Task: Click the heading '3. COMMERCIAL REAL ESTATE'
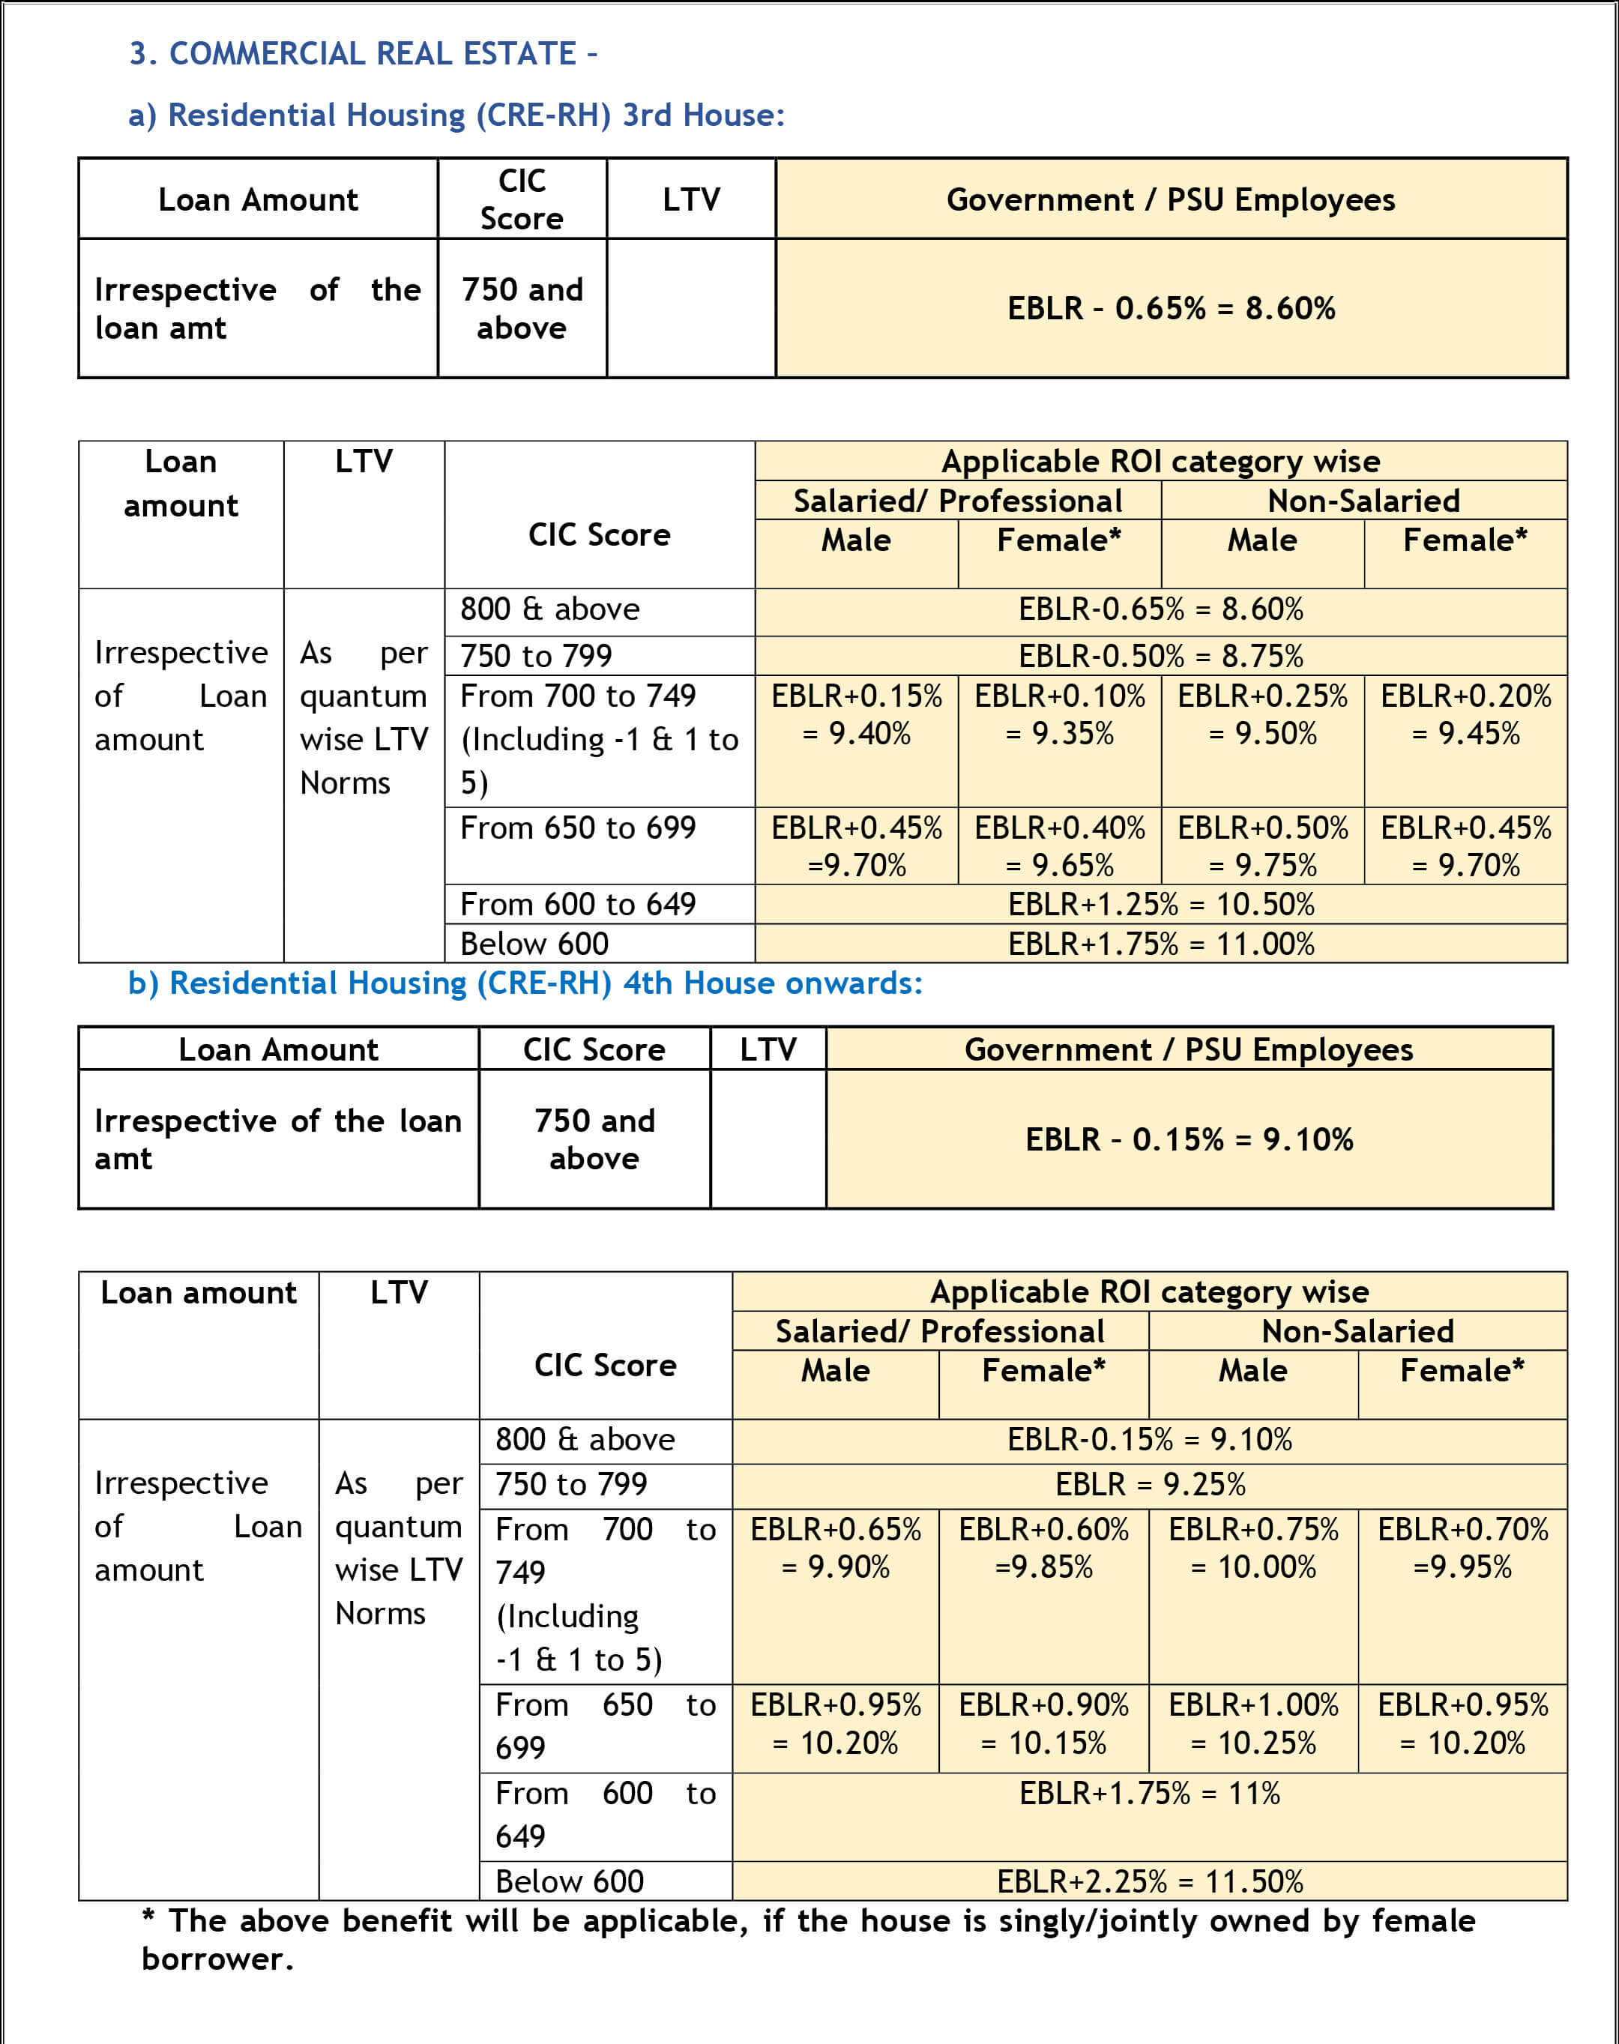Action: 363,54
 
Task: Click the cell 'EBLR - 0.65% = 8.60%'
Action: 1171,308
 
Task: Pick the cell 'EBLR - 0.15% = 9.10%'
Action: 1189,1139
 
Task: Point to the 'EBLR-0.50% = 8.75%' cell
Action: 1160,656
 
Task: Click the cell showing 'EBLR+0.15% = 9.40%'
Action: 856,715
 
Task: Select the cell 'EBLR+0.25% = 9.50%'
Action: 1261,715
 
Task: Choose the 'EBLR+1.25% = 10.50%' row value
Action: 1160,905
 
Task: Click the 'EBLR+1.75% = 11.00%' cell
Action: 1160,944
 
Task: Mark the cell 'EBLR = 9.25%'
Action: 1150,1485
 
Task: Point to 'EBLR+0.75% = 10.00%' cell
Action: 1253,1548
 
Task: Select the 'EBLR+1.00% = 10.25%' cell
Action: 1253,1723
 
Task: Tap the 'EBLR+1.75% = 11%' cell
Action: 1150,1794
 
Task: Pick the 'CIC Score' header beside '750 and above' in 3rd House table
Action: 522,199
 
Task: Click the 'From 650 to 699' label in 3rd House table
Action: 577,828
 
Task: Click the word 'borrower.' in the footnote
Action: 218,1959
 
